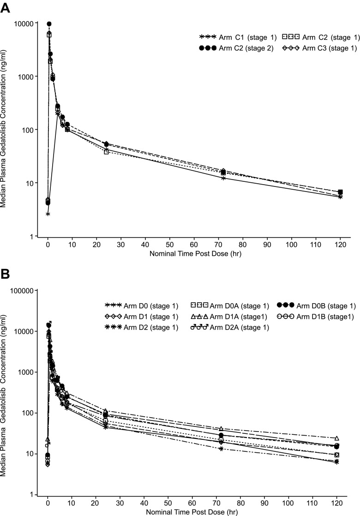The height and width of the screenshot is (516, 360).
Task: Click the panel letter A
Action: [x=6, y=8]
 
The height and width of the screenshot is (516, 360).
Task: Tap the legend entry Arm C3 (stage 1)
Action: [x=318, y=48]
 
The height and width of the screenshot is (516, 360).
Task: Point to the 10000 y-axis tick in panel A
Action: [x=24, y=24]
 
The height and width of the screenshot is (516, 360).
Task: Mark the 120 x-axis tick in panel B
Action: [x=336, y=504]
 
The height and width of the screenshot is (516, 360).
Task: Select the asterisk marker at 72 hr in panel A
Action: [x=223, y=178]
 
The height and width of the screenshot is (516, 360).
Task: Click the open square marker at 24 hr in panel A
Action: [x=107, y=151]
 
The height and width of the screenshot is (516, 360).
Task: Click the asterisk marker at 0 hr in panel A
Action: [x=48, y=214]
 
